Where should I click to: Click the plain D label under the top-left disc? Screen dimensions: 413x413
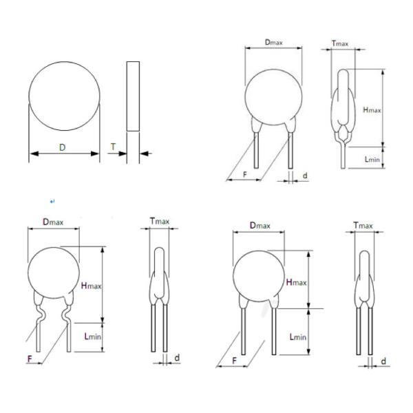(62, 147)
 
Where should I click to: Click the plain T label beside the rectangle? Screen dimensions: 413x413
(114, 147)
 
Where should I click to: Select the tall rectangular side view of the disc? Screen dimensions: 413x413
(133, 96)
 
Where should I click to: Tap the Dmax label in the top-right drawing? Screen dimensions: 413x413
(274, 43)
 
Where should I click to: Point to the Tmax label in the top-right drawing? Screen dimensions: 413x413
(340, 43)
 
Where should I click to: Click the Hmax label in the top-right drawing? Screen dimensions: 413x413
(372, 110)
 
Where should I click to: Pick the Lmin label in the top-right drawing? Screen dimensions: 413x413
(372, 159)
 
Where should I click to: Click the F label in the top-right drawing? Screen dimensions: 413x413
(245, 174)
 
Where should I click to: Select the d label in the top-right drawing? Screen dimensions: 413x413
(305, 176)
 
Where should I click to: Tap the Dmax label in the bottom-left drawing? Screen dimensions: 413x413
(53, 222)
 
